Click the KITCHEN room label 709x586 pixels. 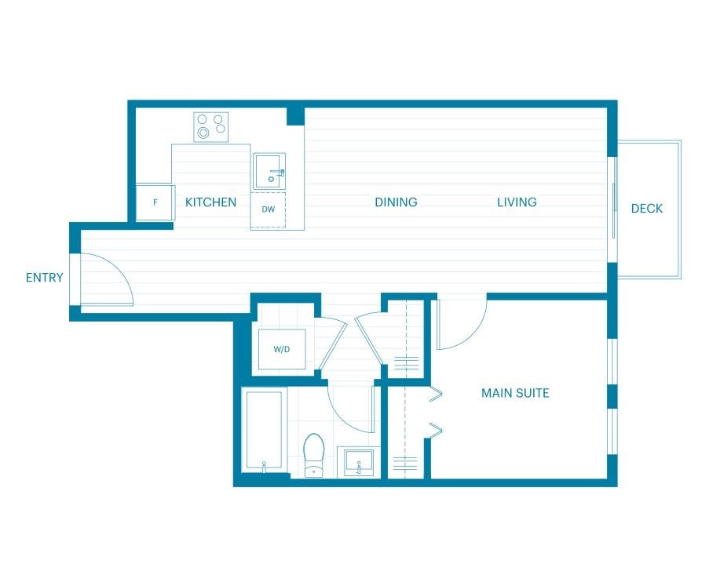(210, 202)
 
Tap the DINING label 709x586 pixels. (396, 202)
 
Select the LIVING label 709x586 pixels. (517, 202)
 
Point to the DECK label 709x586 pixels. (647, 209)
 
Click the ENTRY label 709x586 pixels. (44, 278)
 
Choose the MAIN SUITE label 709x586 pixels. (515, 393)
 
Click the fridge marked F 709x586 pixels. (155, 202)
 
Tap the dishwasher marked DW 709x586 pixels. (269, 209)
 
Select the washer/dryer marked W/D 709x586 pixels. (282, 349)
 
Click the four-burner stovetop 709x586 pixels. (211, 127)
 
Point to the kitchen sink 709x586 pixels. (269, 171)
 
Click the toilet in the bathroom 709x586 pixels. (314, 455)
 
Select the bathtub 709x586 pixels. (264, 431)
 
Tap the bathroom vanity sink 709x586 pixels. (359, 462)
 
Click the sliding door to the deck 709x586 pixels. (613, 209)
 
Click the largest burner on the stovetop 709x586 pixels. (203, 133)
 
